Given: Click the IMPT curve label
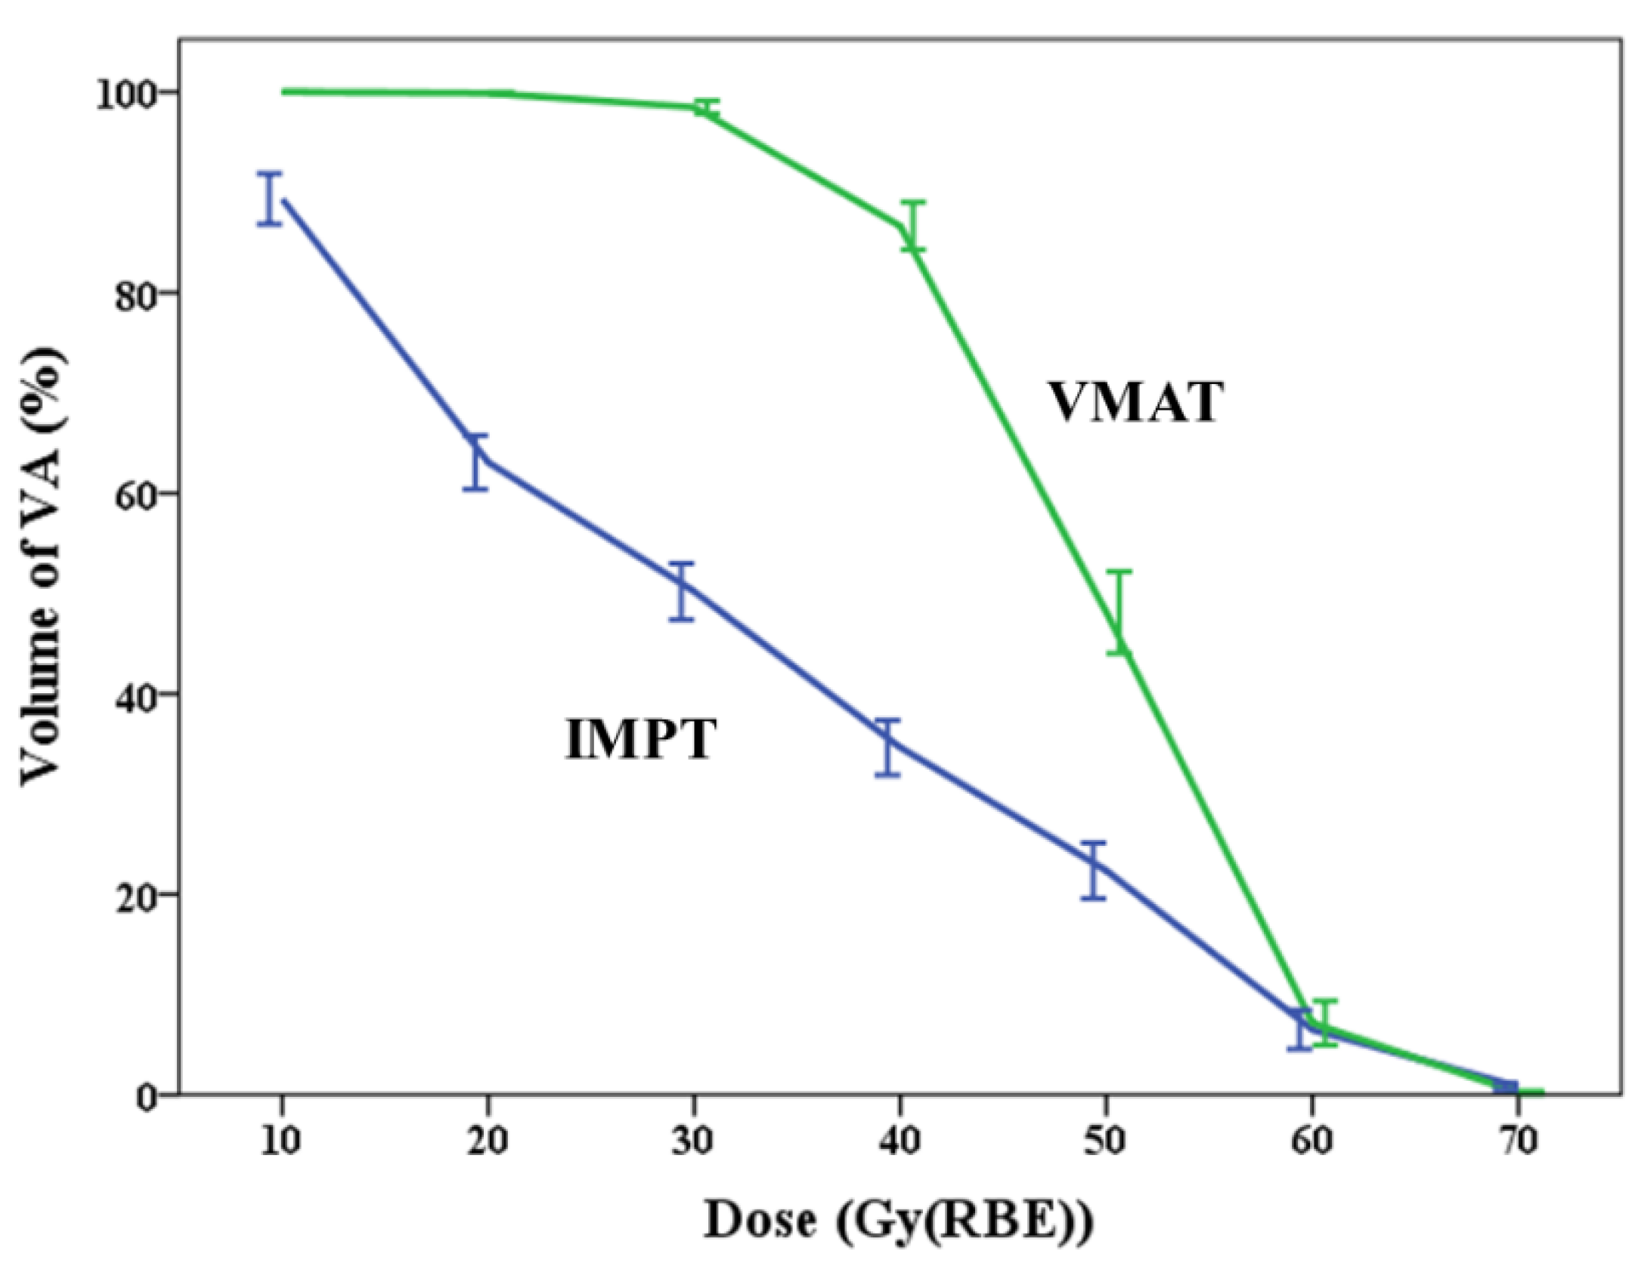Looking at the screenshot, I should pyautogui.click(x=640, y=739).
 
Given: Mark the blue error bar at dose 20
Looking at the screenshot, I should pyautogui.click(x=475, y=463).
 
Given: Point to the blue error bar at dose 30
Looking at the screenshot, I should pyautogui.click(x=682, y=592).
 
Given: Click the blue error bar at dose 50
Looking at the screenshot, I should pyautogui.click(x=1093, y=870).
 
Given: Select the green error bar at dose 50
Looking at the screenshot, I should pyautogui.click(x=1119, y=612).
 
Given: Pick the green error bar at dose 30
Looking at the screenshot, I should pyautogui.click(x=707, y=107).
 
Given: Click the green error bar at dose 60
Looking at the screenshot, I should pyautogui.click(x=1325, y=1022).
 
